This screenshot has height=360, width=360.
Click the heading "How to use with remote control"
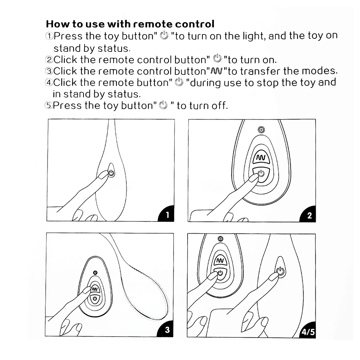tap(130, 24)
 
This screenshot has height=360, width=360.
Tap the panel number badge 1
tap(167, 216)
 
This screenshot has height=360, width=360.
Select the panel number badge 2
tap(309, 216)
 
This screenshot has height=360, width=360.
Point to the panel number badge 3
tap(167, 330)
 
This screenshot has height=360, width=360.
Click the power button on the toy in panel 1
tap(111, 173)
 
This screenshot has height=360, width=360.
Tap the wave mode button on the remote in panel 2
tap(260, 158)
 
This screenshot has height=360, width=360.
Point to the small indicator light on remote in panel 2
tap(261, 130)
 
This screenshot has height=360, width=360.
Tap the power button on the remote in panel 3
tap(95, 299)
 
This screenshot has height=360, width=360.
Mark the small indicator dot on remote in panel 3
tap(95, 273)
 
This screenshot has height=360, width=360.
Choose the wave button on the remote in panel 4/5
tap(220, 260)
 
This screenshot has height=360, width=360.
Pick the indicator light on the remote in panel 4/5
tap(220, 238)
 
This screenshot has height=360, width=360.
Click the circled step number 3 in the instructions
tap(49, 71)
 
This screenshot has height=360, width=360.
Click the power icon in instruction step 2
tap(217, 59)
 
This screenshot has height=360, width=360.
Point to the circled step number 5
tap(49, 106)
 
